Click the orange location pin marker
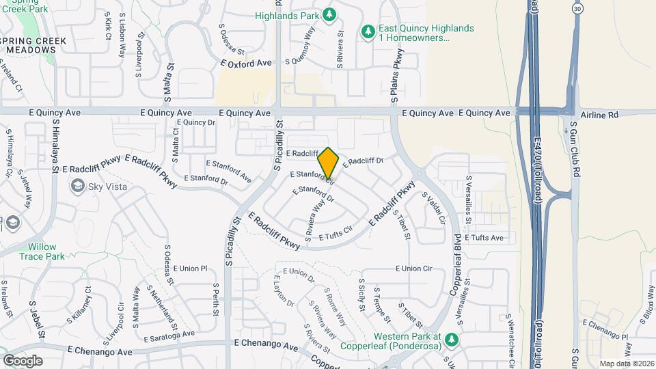click(329, 163)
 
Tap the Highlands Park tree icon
click(329, 15)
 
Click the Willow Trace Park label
click(46, 251)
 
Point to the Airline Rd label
click(599, 114)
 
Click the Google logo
click(23, 360)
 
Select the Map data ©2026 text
click(626, 364)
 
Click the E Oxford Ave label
click(246, 64)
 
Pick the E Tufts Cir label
click(335, 233)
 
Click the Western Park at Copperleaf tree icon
click(452, 338)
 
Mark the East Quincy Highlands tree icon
click(368, 31)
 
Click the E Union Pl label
click(190, 269)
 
